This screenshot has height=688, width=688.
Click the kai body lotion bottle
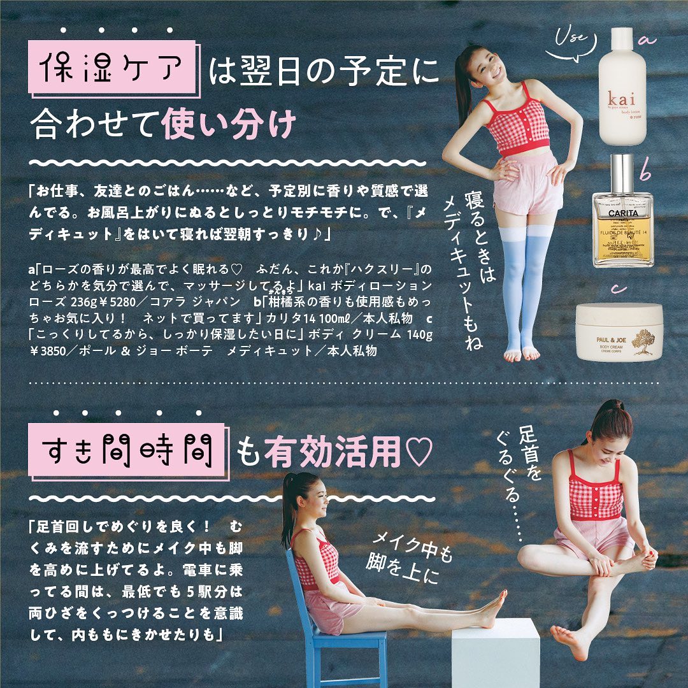pyautogui.click(x=622, y=87)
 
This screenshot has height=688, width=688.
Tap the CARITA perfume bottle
pyautogui.click(x=623, y=211)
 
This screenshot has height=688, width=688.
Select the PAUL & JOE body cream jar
pyautogui.click(x=619, y=332)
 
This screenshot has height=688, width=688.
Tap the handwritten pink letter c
pyautogui.click(x=618, y=289)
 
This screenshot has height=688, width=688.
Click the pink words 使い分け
pyautogui.click(x=229, y=124)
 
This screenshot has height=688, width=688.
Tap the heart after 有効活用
pyautogui.click(x=419, y=452)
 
